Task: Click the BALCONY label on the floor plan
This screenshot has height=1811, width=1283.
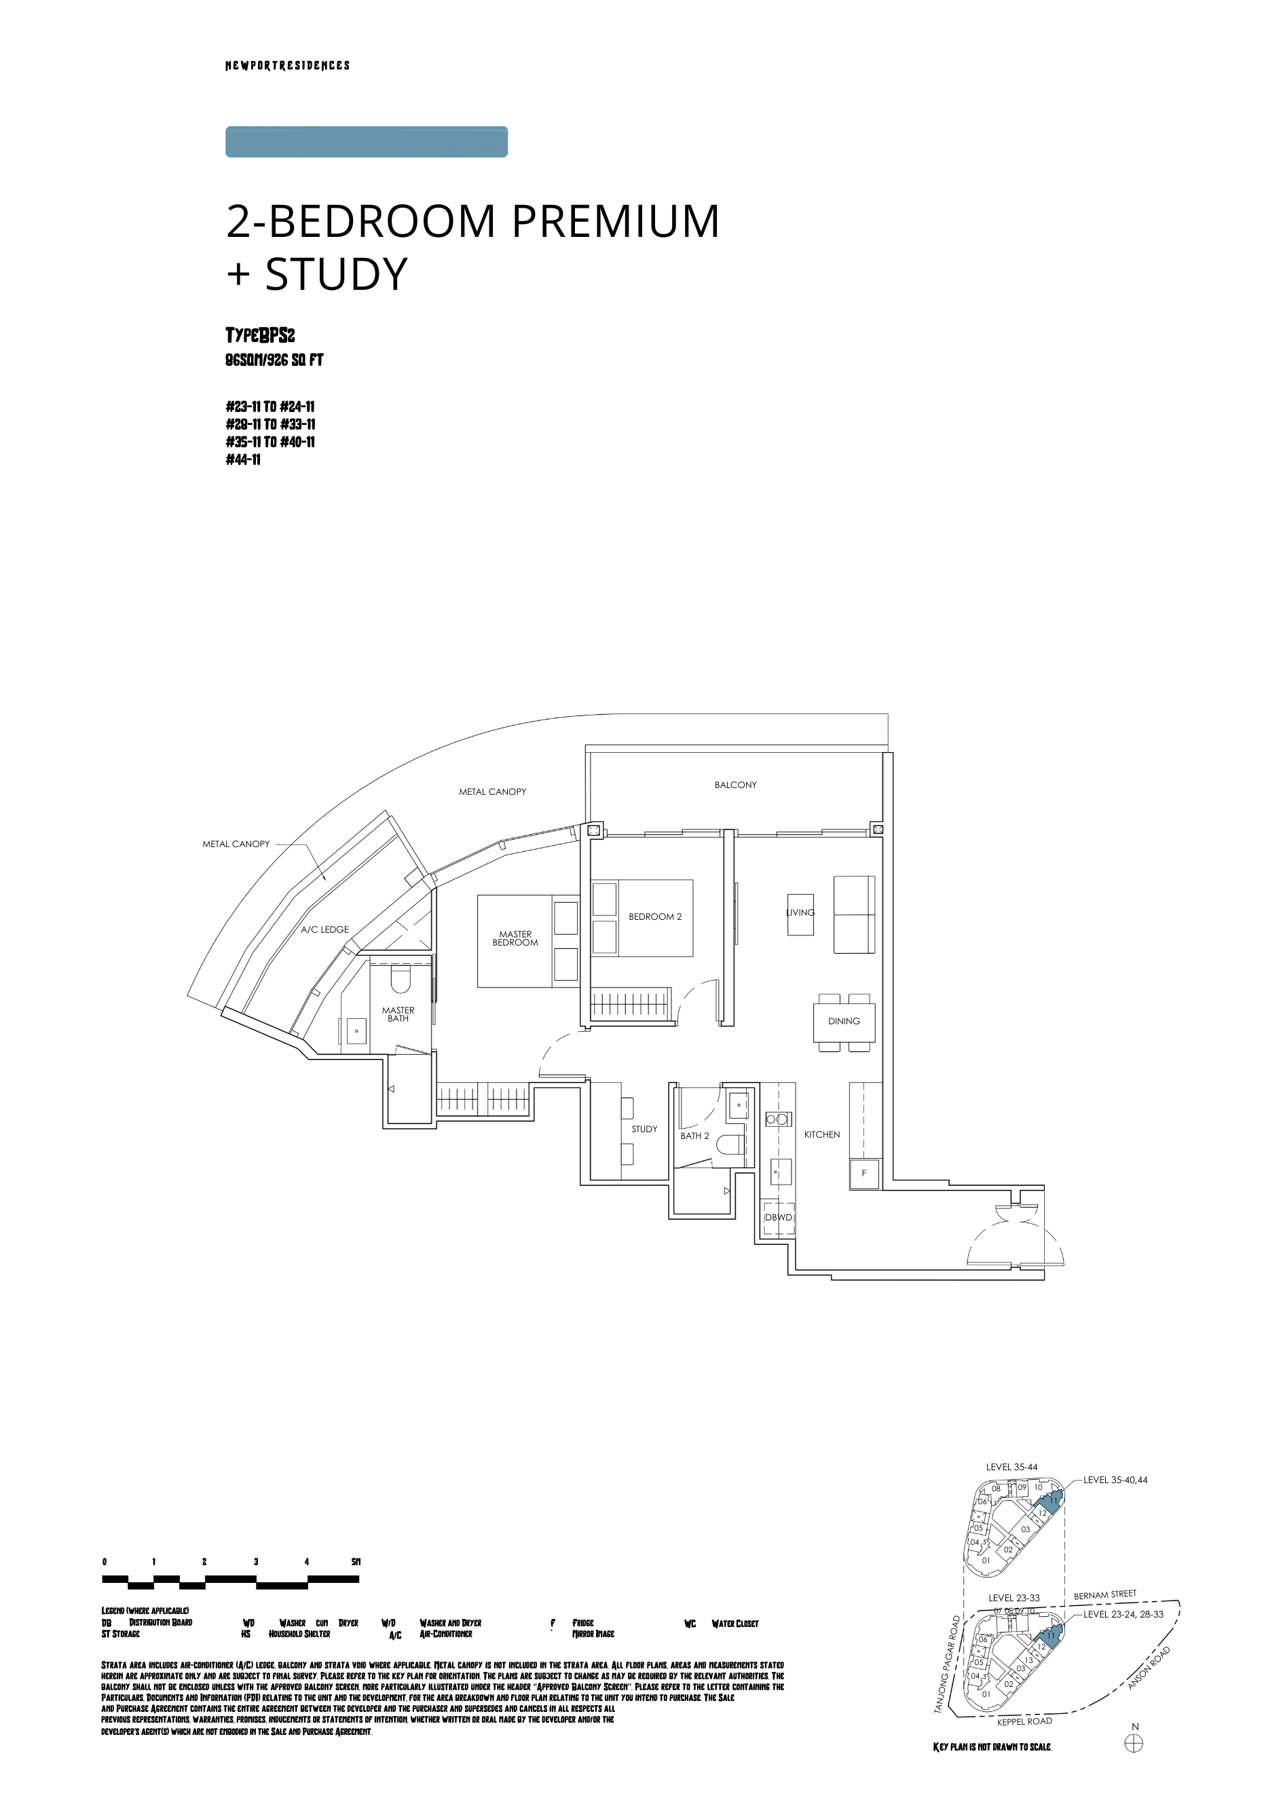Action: click(x=735, y=785)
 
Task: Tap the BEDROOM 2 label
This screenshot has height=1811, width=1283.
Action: click(x=654, y=917)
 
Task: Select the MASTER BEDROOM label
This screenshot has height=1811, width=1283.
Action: click(x=515, y=938)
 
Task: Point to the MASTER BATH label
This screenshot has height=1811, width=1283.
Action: click(x=398, y=1014)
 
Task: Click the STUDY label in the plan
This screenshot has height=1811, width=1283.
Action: click(x=644, y=1129)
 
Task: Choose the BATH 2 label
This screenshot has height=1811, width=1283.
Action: click(x=694, y=1136)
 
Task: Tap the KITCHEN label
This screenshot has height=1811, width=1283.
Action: click(x=821, y=1135)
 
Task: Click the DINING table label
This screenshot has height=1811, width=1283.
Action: click(x=844, y=1021)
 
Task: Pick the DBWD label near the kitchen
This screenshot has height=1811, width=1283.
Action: click(x=778, y=1217)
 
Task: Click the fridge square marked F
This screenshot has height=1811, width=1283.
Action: click(x=863, y=1174)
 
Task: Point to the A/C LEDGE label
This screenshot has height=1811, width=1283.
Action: click(x=324, y=929)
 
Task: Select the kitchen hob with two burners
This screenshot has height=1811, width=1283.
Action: click(x=777, y=1119)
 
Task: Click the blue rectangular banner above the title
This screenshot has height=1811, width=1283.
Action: click(x=366, y=142)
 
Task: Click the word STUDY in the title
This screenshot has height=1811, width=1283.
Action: click(x=336, y=274)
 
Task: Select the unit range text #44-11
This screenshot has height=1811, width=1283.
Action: click(x=242, y=460)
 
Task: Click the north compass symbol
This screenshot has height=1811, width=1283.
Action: click(x=1134, y=1744)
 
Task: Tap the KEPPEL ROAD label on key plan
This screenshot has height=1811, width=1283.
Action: click(x=1024, y=1722)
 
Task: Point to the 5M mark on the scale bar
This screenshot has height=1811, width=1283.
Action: click(x=356, y=1561)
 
